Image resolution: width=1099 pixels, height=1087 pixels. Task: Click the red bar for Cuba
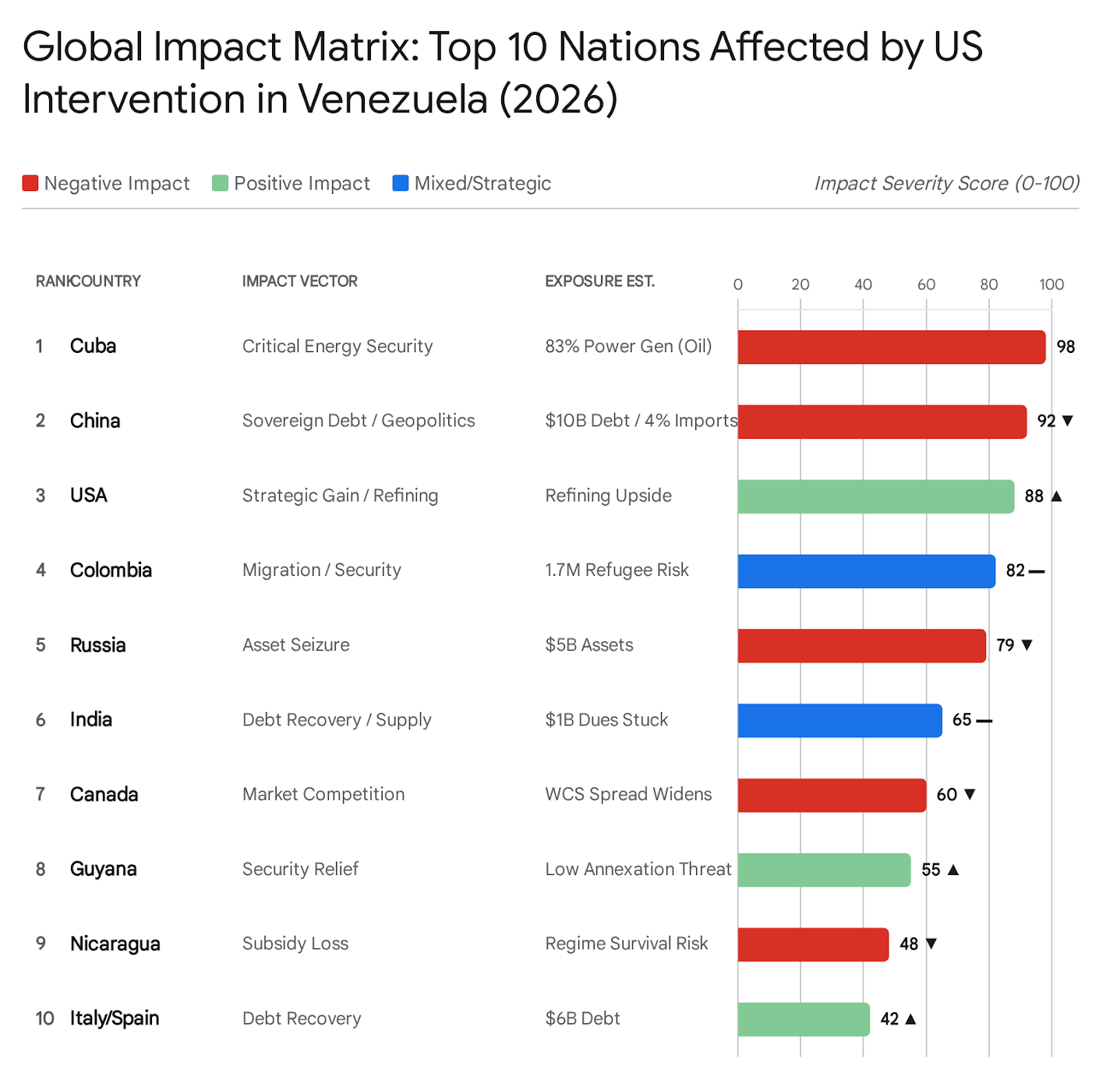891,347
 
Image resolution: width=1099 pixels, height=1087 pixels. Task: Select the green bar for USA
875,496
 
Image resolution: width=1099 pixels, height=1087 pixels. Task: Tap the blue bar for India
839,720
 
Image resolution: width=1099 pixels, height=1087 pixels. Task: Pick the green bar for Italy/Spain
803,1019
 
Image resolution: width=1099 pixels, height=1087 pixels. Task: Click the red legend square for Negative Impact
30,183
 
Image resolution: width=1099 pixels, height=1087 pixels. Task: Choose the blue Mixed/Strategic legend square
401,183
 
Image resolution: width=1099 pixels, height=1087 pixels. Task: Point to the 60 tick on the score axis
926,284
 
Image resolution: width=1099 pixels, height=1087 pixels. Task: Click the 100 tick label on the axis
1051,284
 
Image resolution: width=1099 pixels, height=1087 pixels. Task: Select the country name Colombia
111,570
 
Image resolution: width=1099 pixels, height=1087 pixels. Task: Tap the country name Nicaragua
115,944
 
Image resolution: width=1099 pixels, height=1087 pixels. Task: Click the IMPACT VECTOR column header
299,281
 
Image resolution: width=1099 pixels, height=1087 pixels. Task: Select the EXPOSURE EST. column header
599,281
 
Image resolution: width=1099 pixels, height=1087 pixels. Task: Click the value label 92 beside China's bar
1046,422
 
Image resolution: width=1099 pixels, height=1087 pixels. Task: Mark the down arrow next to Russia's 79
1027,645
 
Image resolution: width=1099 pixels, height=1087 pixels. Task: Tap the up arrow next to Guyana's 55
952,870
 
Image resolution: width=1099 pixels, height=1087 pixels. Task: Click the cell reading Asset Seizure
295,645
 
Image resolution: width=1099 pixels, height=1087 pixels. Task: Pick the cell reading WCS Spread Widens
628,794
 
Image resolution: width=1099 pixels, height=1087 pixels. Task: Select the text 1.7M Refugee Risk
617,570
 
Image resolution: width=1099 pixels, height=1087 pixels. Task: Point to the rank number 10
44,1018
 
